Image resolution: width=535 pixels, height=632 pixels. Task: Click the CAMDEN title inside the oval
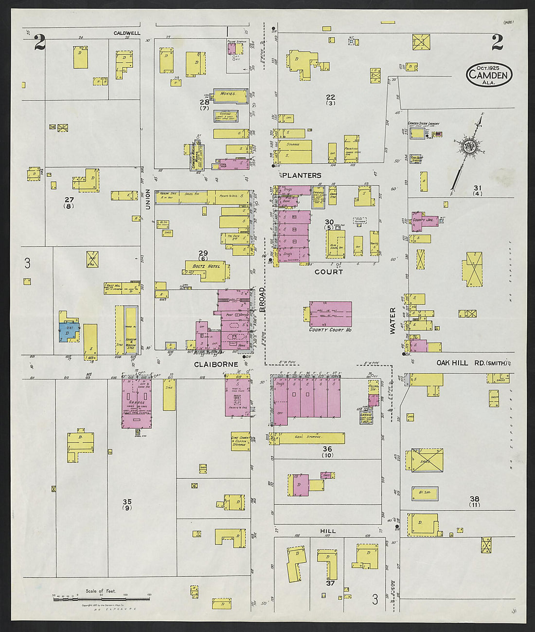pos(489,74)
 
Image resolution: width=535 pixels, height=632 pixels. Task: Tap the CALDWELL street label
pos(127,33)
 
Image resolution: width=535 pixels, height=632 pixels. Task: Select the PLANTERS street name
pos(302,175)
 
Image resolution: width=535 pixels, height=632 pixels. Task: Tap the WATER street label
pos(392,320)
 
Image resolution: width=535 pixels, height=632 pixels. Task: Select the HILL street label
pos(328,531)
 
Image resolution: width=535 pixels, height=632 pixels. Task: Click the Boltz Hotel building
pos(206,271)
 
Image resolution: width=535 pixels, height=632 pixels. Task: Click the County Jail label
pos(425,220)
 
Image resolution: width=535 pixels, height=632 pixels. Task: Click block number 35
pos(127,502)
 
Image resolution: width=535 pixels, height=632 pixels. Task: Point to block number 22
pos(331,97)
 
